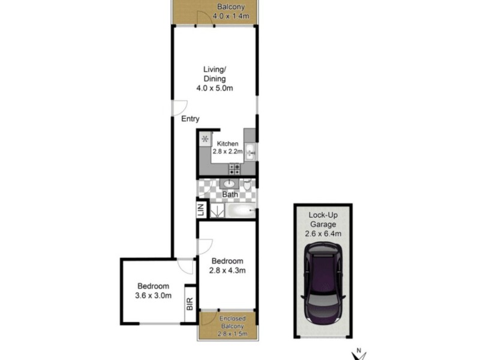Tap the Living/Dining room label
pyautogui.click(x=214, y=79)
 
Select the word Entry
pyautogui.click(x=190, y=119)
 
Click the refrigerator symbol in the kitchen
pyautogui.click(x=205, y=139)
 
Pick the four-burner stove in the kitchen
pyautogui.click(x=235, y=169)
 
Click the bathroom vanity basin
pyautogui.click(x=230, y=184)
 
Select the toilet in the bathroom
pyautogui.click(x=247, y=185)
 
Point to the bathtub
pyautogui.click(x=239, y=211)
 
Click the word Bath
pyautogui.click(x=230, y=195)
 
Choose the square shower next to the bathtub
pyautogui.click(x=215, y=211)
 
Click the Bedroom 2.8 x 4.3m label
pyautogui.click(x=227, y=266)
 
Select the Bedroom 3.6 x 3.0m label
pyautogui.click(x=154, y=290)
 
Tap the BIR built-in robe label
pyautogui.click(x=190, y=304)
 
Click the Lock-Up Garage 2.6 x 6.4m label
pyautogui.click(x=323, y=224)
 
